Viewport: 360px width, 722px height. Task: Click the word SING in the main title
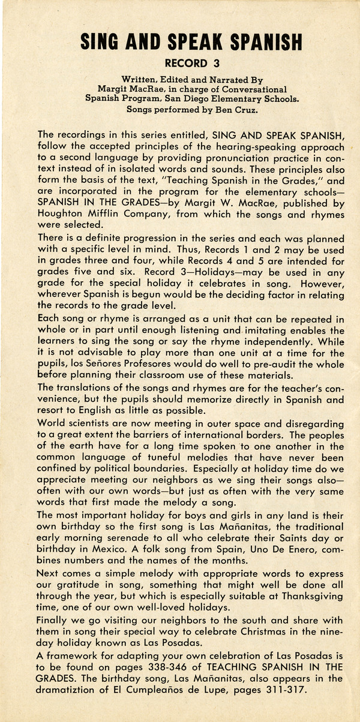click(104, 42)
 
